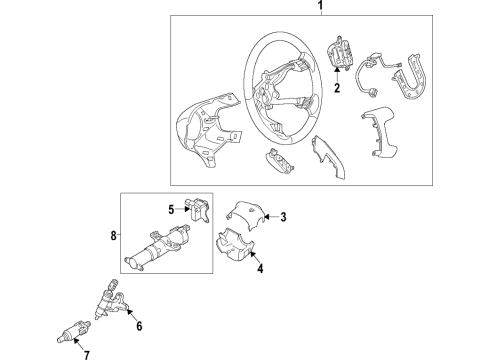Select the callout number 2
coord(337,89)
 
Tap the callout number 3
coord(283,217)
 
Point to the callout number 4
coord(260,268)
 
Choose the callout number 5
coord(171,209)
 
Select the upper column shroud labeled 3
coord(243,213)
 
